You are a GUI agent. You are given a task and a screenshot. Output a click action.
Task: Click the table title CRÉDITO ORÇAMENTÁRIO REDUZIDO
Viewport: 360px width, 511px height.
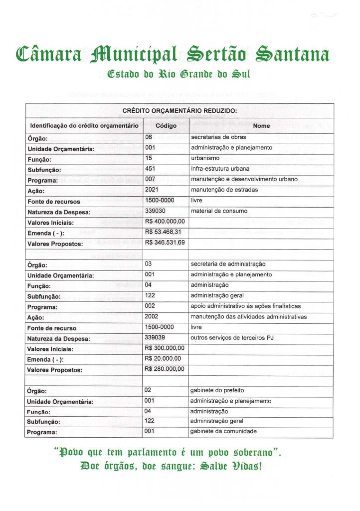pos(180,110)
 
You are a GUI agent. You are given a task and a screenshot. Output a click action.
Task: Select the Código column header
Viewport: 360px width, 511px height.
pos(166,126)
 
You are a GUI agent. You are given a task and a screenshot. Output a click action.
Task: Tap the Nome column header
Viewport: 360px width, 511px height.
pos(261,126)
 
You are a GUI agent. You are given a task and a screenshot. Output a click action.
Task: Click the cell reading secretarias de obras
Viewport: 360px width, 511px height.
pos(218,137)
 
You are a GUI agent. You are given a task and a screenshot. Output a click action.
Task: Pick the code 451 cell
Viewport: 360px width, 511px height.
pos(151,169)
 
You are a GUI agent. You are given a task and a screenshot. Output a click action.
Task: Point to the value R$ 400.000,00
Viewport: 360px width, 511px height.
pos(165,221)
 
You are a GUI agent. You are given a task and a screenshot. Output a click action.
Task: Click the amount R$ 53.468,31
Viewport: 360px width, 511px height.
pos(163,232)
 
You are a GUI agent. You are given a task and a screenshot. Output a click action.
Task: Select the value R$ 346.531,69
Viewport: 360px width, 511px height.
pos(165,243)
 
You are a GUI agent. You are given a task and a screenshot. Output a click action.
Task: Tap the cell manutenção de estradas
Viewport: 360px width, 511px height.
pos(222,190)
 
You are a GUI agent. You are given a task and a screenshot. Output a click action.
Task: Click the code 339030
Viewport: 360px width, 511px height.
pos(155,211)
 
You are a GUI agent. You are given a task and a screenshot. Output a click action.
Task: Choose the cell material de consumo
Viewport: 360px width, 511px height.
pos(219,211)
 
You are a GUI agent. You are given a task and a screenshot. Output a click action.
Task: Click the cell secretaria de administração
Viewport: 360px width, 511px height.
pos(228,263)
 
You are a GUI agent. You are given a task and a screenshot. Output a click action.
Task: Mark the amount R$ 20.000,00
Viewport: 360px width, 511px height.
pos(163,358)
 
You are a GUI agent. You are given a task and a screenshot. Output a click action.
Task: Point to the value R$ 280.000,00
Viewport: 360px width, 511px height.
pos(165,369)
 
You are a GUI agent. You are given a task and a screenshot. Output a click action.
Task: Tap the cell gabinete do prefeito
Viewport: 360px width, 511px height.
pos(217,390)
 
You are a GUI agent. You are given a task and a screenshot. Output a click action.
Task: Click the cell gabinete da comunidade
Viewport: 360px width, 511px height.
pos(223,432)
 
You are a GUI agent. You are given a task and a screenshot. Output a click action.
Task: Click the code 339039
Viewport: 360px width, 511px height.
pos(155,337)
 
